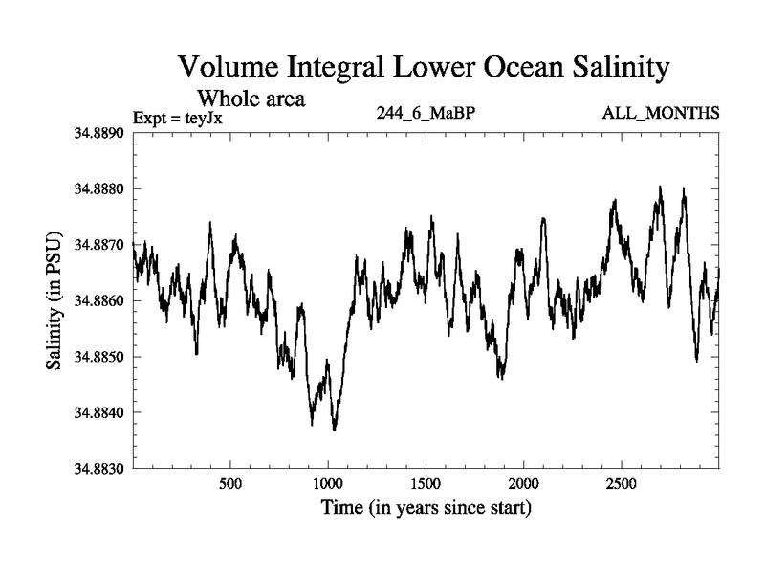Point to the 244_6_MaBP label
tap(426, 114)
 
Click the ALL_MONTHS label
tap(660, 114)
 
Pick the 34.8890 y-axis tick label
tap(98, 132)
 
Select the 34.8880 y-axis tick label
tap(98, 188)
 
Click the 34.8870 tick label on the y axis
tap(98, 245)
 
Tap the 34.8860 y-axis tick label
tap(98, 300)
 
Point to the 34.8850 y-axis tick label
tap(98, 357)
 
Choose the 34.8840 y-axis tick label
tap(98, 412)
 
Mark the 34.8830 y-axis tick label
tap(98, 469)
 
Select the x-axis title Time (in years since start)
tap(426, 507)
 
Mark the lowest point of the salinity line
tap(334, 430)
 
